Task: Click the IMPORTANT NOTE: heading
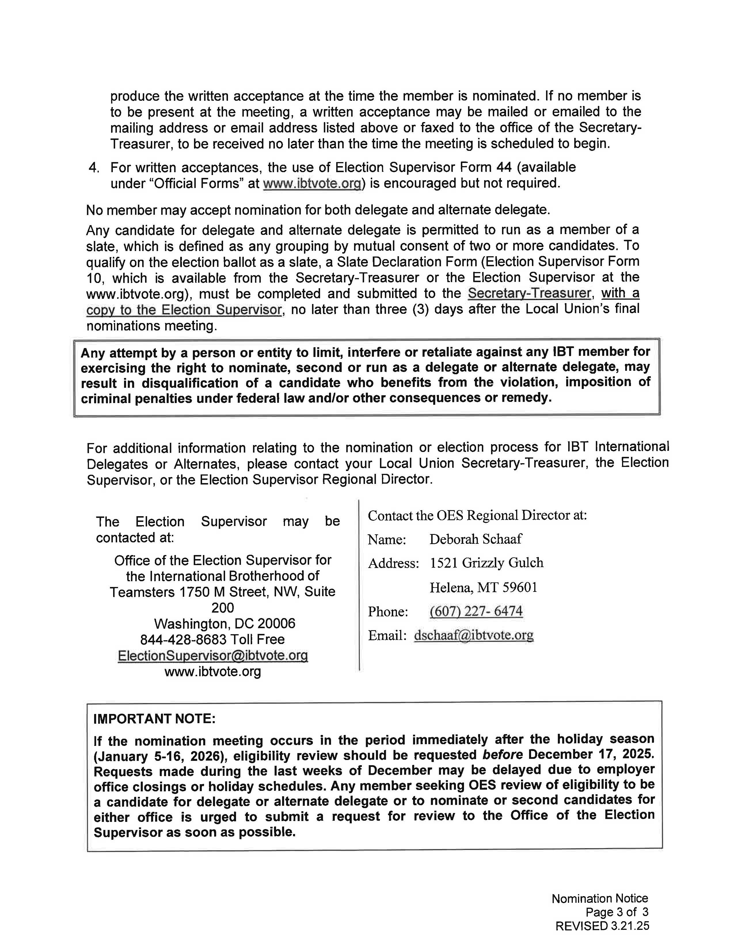[x=154, y=718]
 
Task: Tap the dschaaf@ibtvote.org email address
[x=474, y=636]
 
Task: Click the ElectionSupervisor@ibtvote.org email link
[x=213, y=655]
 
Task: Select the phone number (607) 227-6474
[x=476, y=611]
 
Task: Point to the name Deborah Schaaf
[x=475, y=539]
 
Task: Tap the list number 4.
[x=94, y=168]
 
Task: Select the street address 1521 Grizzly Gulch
[x=486, y=563]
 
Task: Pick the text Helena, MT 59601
[x=483, y=588]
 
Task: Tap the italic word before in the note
[x=502, y=754]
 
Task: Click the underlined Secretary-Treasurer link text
[x=529, y=294]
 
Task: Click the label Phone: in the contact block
[x=388, y=611]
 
